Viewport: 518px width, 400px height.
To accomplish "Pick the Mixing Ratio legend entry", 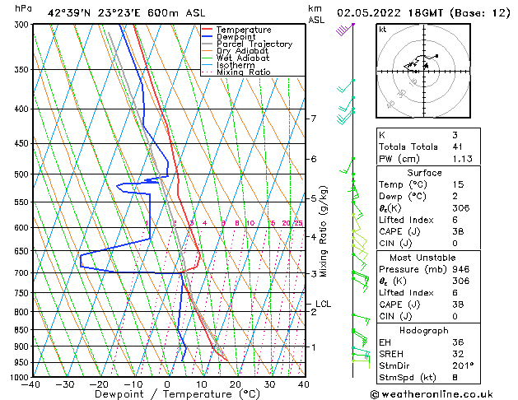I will [x=244, y=72].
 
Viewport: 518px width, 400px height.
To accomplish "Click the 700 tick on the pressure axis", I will [x=22, y=272].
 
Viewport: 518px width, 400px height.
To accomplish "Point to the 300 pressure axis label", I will [x=22, y=25].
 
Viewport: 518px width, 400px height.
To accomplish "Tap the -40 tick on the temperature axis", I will [x=32, y=384].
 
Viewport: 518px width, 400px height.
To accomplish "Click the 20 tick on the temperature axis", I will [x=236, y=384].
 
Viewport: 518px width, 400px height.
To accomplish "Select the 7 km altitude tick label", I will [x=313, y=119].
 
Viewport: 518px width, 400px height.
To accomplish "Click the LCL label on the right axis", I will [x=323, y=304].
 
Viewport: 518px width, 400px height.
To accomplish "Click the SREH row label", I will [x=392, y=354].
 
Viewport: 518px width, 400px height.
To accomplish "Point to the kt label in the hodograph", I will [x=382, y=29].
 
